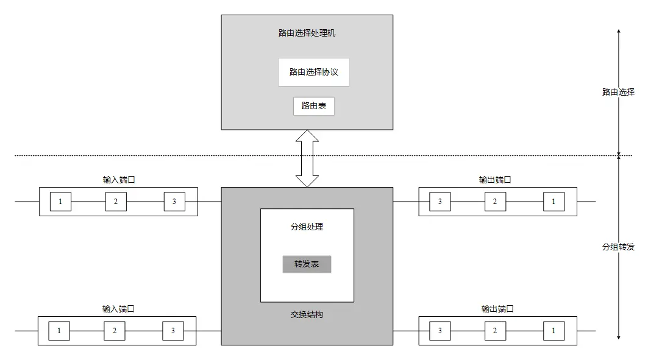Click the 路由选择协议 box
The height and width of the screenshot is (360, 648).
(x=313, y=72)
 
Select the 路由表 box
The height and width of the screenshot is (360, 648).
(x=313, y=106)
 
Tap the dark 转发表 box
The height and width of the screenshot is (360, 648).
(x=307, y=264)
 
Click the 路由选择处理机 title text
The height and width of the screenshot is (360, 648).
(x=307, y=33)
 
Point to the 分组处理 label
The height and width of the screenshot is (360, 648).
(x=307, y=227)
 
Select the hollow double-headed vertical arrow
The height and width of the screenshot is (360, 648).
(x=307, y=158)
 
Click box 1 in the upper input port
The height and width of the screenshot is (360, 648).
(x=60, y=202)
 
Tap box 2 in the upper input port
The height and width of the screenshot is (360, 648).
(x=115, y=202)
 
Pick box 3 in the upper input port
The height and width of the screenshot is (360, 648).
(x=174, y=202)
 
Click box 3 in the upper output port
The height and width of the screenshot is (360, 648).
(x=440, y=202)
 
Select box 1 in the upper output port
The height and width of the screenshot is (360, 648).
(x=554, y=202)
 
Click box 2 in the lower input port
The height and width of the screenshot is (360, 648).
(x=114, y=331)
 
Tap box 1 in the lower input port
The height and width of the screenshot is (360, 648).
(x=59, y=331)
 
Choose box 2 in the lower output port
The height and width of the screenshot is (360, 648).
(x=495, y=331)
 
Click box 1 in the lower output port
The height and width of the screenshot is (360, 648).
(x=554, y=331)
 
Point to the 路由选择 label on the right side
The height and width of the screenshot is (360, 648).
(x=618, y=93)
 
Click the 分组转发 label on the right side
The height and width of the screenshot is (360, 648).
(x=618, y=247)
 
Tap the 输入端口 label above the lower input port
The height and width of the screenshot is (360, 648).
(x=118, y=309)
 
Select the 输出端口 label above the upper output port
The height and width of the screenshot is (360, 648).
(x=494, y=180)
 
